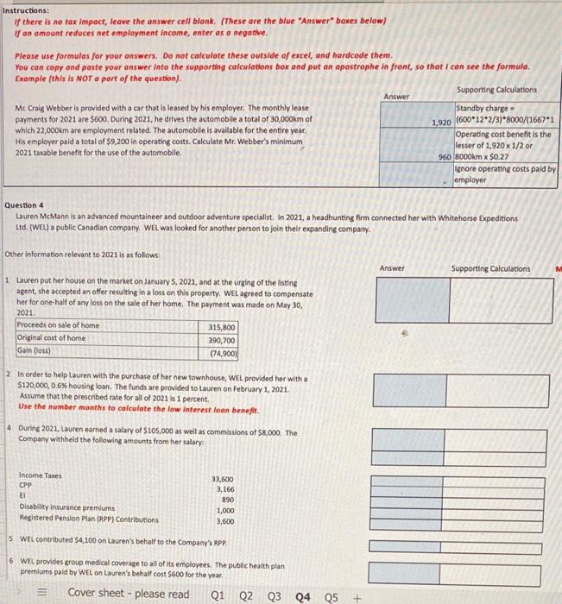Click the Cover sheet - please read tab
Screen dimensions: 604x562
coord(129,594)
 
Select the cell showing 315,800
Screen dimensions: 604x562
coord(222,327)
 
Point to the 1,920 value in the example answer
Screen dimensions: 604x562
coord(441,123)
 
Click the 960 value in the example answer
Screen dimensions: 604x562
coord(445,158)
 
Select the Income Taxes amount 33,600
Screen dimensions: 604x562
coord(222,479)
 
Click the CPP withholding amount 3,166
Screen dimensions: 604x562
coord(223,489)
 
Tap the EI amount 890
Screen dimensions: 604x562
coord(226,500)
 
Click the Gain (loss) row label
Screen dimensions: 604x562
coord(35,351)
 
